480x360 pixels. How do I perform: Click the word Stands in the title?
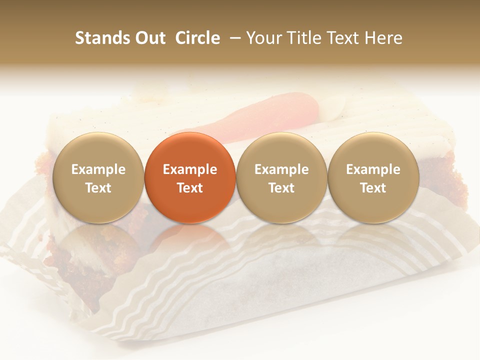click(x=102, y=38)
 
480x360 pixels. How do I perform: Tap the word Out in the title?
click(x=149, y=38)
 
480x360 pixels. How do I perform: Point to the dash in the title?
click(x=233, y=38)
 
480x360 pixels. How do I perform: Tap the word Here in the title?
click(x=383, y=38)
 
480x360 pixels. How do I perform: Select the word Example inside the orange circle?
click(x=190, y=169)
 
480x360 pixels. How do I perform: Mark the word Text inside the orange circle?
click(x=190, y=188)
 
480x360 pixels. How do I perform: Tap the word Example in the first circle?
click(x=98, y=169)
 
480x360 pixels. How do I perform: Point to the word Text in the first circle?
click(x=98, y=188)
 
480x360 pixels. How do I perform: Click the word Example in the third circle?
click(x=281, y=169)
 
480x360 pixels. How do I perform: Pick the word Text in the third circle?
click(x=281, y=188)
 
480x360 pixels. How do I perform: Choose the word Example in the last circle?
click(x=373, y=169)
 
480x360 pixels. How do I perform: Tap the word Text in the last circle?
click(x=373, y=188)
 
